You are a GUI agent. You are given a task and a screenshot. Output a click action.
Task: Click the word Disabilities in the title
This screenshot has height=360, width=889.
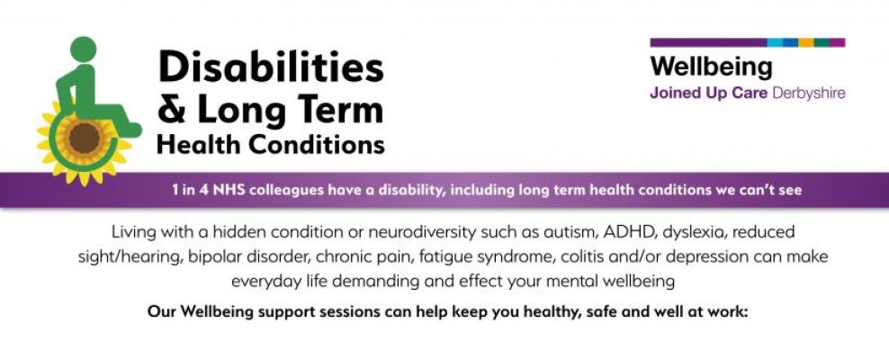[271, 67]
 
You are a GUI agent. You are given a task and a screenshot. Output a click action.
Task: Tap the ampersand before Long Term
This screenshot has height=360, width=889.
[172, 111]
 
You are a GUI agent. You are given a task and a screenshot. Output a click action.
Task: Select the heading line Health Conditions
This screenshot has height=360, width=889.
[270, 144]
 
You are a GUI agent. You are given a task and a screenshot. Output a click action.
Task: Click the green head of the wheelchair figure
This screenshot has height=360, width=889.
[83, 50]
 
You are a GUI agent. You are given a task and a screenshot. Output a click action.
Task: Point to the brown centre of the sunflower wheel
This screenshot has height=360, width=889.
[85, 138]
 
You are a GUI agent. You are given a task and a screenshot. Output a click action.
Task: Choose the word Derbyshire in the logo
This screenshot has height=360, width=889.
[809, 93]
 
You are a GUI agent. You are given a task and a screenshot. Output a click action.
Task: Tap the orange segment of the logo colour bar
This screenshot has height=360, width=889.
[806, 42]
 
